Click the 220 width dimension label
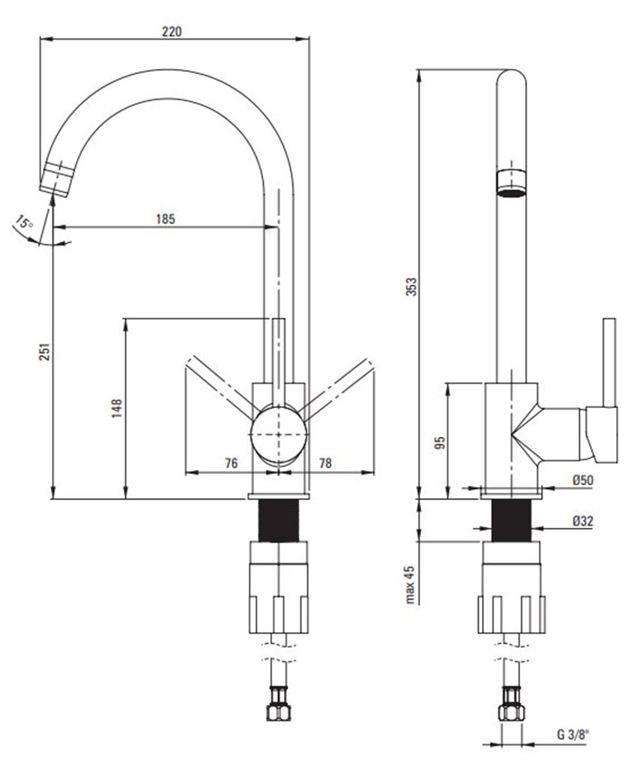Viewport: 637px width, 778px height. click(x=172, y=31)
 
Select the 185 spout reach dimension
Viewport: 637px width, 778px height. click(x=165, y=219)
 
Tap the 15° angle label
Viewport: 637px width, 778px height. click(x=25, y=223)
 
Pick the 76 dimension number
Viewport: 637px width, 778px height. click(x=231, y=464)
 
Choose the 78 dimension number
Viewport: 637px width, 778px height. click(x=325, y=464)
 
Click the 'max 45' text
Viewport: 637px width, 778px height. click(x=410, y=584)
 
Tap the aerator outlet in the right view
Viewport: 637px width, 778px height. click(x=513, y=183)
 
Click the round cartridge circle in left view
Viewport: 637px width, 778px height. click(x=278, y=434)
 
